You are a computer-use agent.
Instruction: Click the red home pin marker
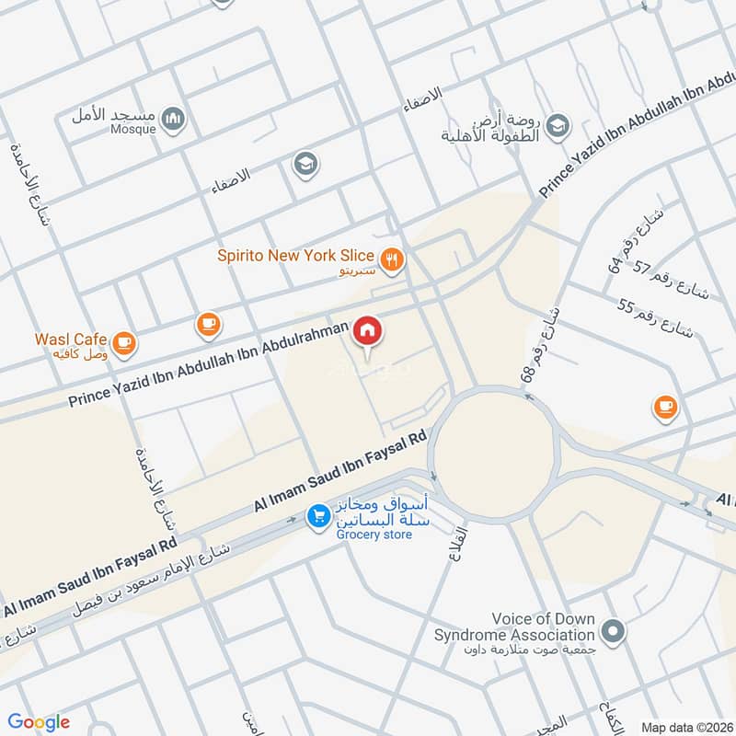[x=368, y=330]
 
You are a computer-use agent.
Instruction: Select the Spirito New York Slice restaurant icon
[x=393, y=260]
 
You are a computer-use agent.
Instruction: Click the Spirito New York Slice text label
[x=295, y=255]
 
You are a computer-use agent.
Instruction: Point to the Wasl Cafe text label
[x=71, y=339]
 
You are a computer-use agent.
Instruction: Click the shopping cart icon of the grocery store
[x=318, y=517]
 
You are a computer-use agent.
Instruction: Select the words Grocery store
[x=374, y=535]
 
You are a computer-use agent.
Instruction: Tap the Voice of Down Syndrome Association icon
[x=613, y=631]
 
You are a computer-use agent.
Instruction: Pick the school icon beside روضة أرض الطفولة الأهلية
[x=557, y=125]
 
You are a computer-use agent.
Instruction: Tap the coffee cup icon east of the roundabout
[x=664, y=406]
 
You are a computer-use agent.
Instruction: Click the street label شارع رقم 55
[x=654, y=318]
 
